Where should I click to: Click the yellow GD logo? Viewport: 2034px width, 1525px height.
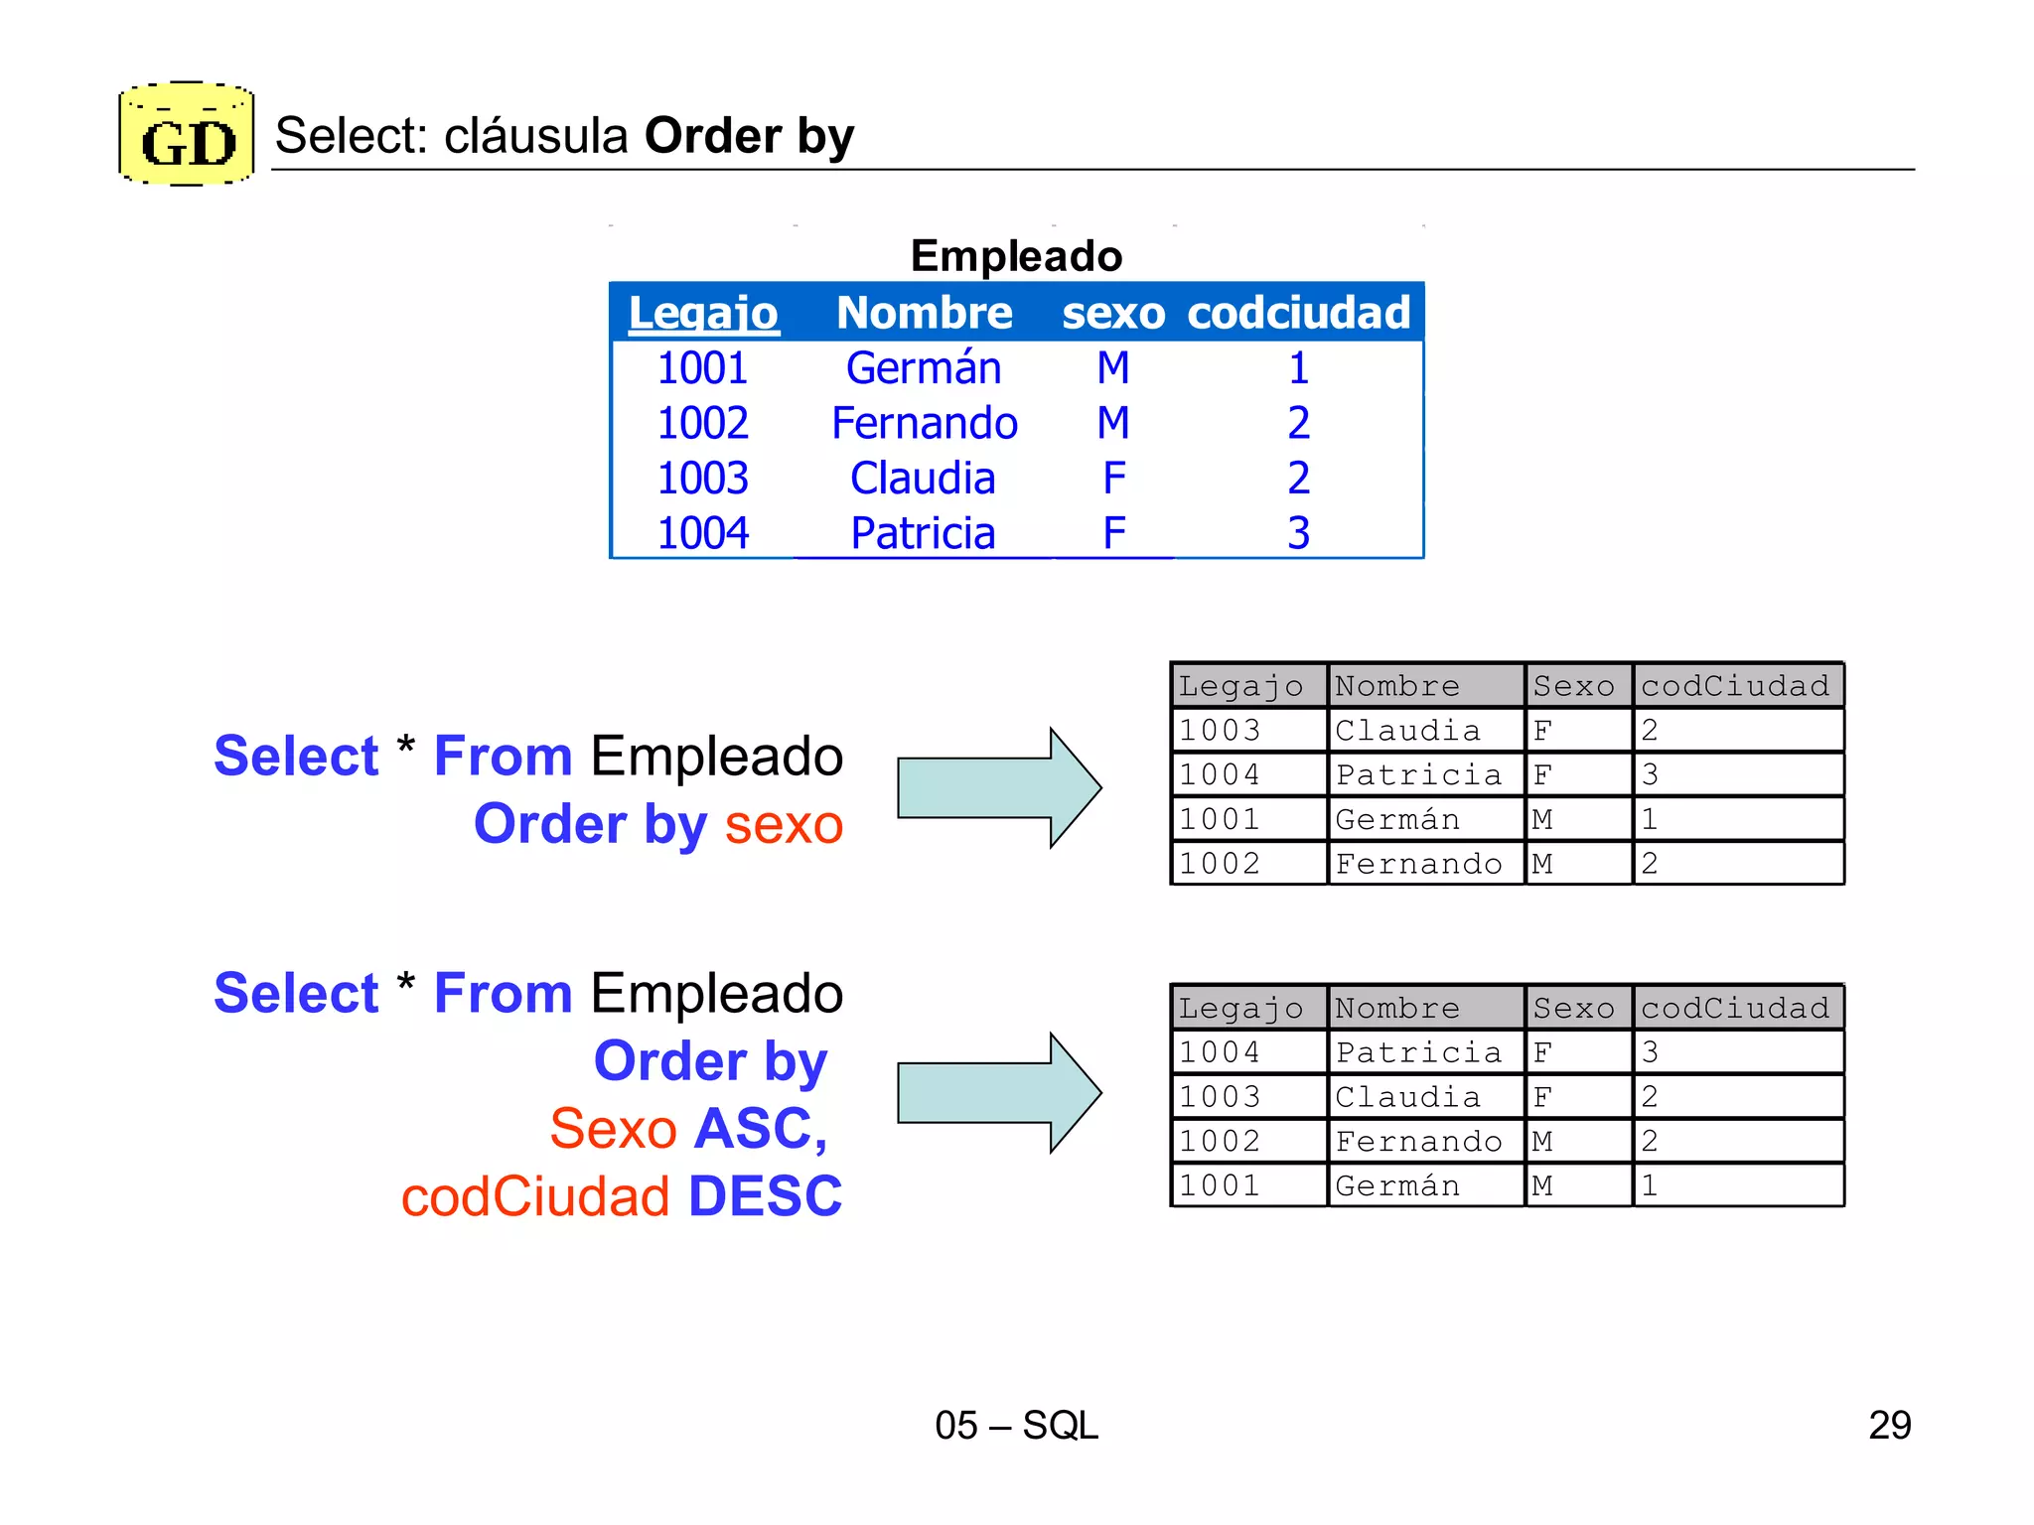coord(187,135)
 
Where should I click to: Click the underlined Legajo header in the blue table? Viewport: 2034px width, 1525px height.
coord(703,314)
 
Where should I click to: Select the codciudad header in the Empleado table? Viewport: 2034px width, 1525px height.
coord(1298,314)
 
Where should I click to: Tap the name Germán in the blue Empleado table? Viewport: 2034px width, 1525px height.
coord(923,368)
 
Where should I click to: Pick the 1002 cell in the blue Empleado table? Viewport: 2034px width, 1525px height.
coord(702,424)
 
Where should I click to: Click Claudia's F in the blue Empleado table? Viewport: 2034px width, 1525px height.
coord(1113,479)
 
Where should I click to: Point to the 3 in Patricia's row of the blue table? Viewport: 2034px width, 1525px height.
coord(1298,533)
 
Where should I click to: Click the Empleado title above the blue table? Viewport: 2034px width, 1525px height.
coord(1016,256)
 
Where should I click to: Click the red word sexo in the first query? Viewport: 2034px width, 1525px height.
coord(784,825)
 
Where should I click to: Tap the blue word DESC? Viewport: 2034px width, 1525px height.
coord(765,1196)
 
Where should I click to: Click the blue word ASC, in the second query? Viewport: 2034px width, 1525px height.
coord(761,1129)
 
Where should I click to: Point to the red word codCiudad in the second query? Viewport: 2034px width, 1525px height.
coord(536,1196)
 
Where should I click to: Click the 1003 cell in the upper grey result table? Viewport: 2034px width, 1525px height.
coord(1220,731)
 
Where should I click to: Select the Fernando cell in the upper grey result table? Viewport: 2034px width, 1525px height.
coord(1418,864)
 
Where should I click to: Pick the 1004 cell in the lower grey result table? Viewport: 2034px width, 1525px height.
coord(1220,1052)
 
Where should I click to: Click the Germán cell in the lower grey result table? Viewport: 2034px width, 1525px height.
coord(1397,1185)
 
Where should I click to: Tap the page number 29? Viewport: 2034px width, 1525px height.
coord(1889,1426)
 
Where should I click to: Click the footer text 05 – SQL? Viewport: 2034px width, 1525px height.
coord(1016,1426)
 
